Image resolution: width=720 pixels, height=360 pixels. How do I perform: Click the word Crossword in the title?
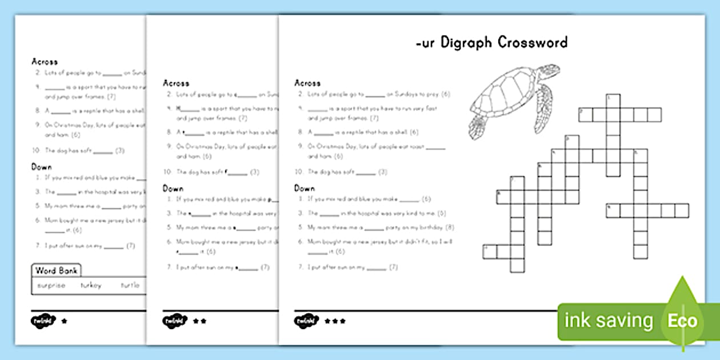[x=533, y=42]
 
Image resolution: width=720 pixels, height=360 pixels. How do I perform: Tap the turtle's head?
[x=477, y=126]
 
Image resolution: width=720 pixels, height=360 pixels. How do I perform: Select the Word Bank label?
[x=57, y=270]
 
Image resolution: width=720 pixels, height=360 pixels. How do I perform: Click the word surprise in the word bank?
[x=51, y=285]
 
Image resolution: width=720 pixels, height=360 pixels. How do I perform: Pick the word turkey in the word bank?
[x=91, y=285]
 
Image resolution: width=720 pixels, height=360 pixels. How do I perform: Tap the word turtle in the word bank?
[x=130, y=285]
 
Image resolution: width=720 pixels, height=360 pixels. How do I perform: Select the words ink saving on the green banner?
[x=608, y=321]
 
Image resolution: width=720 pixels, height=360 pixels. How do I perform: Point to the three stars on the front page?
[x=335, y=321]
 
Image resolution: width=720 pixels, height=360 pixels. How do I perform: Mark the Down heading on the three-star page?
[x=305, y=188]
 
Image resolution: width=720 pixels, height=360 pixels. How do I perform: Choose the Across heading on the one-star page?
[x=45, y=61]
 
